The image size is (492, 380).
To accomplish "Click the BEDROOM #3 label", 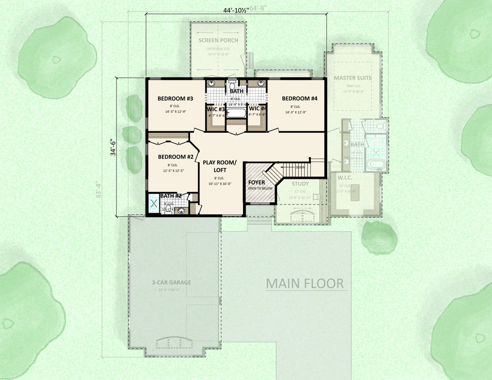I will click(175, 99).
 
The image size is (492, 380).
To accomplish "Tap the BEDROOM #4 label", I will click(299, 98).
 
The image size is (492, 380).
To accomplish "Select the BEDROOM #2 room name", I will click(175, 157).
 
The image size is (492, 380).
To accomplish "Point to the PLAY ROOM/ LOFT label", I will click(220, 166).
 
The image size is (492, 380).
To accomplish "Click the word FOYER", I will click(256, 182).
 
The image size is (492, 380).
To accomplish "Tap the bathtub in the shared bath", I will click(236, 112).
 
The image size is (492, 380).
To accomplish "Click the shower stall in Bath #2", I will click(154, 203).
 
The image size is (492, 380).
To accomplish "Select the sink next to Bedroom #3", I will click(212, 84).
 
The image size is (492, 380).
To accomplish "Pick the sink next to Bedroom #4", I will click(261, 84).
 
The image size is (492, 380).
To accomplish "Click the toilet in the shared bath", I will click(232, 82).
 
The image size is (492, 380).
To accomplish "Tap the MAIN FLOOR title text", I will click(305, 283).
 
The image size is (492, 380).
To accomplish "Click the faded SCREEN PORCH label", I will click(219, 41).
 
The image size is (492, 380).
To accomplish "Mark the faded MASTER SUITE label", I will click(353, 78).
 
